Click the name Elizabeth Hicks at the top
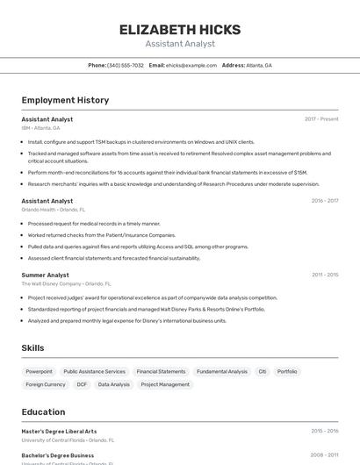tap(179, 29)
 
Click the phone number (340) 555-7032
tap(125, 66)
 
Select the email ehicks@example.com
tap(191, 66)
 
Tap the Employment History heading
tap(65, 100)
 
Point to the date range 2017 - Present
tap(321, 118)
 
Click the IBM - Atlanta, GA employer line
tap(40, 128)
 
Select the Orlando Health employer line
tap(53, 210)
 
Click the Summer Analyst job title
tap(45, 275)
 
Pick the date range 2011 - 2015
tap(325, 275)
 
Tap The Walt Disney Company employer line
tap(66, 284)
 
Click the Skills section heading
tap(32, 348)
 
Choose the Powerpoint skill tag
tap(39, 372)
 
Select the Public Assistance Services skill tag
tap(94, 372)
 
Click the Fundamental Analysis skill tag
tap(221, 372)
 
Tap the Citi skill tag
tap(262, 372)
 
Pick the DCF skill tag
tap(82, 384)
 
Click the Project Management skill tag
tap(165, 384)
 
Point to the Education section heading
tap(43, 411)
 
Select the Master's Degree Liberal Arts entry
tap(59, 431)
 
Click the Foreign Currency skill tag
tap(46, 384)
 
